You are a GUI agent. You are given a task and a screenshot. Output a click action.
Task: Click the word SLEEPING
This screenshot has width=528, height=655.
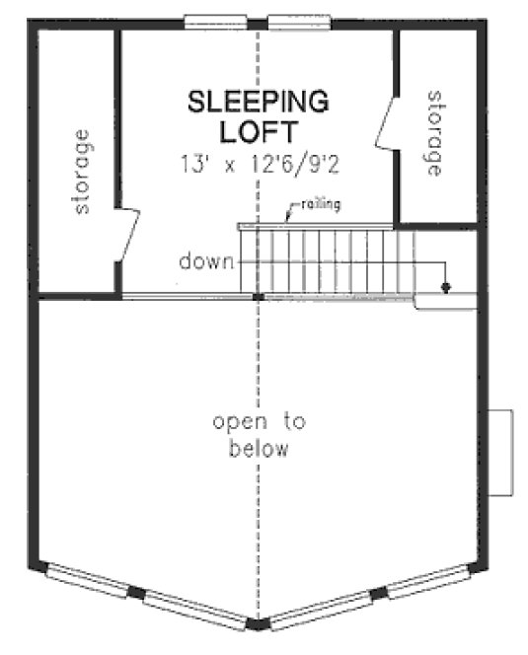click(x=258, y=101)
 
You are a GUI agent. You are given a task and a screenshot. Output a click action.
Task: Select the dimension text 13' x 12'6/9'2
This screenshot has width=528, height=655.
click(x=258, y=163)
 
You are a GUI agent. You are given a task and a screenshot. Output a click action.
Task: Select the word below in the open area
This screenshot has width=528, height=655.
click(x=259, y=451)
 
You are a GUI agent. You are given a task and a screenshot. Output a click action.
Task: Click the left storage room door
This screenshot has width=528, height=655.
click(x=127, y=234)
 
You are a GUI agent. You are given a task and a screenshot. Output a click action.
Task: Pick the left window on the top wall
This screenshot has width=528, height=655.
click(x=215, y=20)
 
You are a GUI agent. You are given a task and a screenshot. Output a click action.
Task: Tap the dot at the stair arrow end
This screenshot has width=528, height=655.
click(x=445, y=287)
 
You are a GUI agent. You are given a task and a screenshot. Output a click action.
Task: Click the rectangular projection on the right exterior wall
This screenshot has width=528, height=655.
click(x=503, y=453)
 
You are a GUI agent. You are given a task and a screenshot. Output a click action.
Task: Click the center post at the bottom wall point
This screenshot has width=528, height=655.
click(x=258, y=624)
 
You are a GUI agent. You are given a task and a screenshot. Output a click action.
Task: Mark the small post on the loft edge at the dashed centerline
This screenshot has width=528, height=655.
click(x=258, y=295)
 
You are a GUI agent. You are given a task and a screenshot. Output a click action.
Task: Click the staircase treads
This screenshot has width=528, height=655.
click(x=326, y=261)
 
